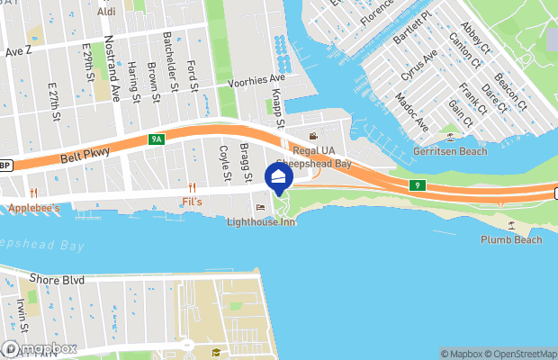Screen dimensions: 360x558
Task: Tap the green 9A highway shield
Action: tap(157, 139)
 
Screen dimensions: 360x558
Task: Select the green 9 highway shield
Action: tap(417, 185)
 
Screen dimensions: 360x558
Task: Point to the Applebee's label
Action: tap(33, 208)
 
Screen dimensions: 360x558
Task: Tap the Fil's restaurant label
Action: tap(192, 201)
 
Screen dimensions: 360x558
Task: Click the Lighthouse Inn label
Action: tap(260, 221)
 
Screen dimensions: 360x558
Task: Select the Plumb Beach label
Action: tap(511, 239)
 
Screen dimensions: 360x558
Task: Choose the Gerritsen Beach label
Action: tap(449, 150)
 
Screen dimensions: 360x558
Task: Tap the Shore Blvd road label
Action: tap(57, 280)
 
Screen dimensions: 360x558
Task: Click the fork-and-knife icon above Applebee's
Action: tap(33, 193)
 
